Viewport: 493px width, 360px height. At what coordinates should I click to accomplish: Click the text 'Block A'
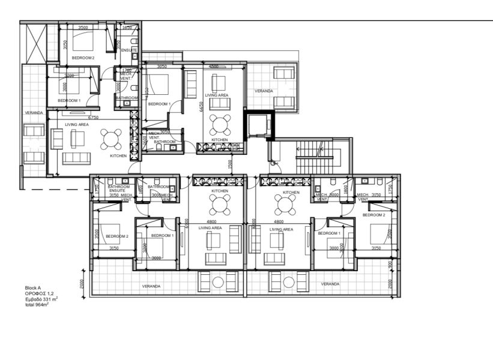point(33,288)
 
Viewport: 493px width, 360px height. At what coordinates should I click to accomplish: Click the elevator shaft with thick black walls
point(259,127)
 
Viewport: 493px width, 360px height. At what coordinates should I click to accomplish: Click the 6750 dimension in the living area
point(93,118)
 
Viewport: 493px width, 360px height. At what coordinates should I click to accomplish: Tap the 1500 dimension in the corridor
point(230,163)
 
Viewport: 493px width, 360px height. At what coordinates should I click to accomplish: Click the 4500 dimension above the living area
point(213,67)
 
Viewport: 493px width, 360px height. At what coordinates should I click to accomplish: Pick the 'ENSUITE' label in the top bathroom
point(129,50)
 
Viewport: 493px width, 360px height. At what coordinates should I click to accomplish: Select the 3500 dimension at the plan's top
point(83,28)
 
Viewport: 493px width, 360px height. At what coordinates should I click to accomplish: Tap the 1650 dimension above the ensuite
point(127,28)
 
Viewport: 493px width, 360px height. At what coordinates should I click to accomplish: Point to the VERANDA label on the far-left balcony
point(33,113)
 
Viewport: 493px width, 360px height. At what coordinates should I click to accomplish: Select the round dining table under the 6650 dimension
point(220,125)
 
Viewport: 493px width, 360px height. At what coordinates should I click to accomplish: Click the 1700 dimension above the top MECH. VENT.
point(127,70)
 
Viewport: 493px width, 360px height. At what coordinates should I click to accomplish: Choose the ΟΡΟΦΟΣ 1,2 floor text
point(39,293)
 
